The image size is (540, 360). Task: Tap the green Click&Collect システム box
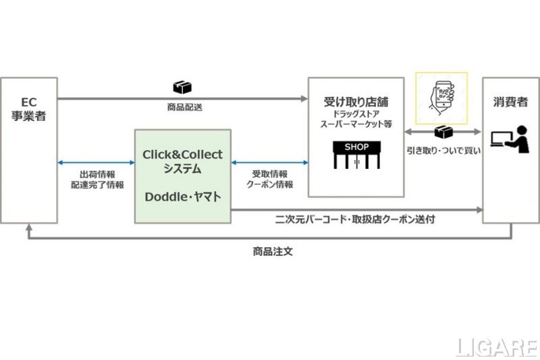[x=182, y=176]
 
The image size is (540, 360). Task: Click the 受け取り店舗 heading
[x=356, y=102]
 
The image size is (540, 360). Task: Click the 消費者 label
[x=510, y=103]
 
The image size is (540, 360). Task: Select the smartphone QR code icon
[x=441, y=97]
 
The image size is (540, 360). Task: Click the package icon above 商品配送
[x=182, y=88]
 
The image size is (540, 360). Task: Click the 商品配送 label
[x=182, y=107]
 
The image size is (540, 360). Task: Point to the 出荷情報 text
[x=97, y=172]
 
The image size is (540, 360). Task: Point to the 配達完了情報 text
[x=97, y=184]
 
